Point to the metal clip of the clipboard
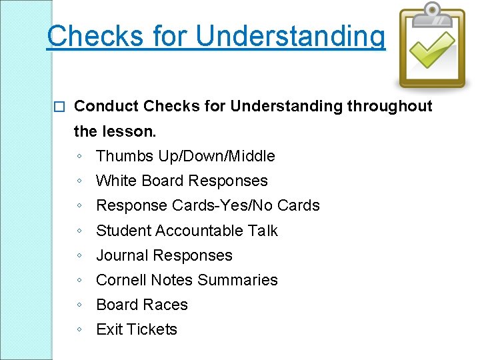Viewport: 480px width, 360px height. tap(432, 11)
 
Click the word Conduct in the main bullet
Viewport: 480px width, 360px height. tap(107, 106)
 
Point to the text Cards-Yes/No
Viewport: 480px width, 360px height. tap(225, 205)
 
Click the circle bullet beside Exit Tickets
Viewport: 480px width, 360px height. tap(79, 330)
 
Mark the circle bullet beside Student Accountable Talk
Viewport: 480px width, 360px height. tap(79, 231)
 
